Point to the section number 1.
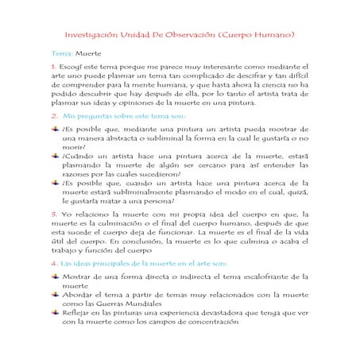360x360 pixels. [52, 67]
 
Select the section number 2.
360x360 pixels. [53, 115]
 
